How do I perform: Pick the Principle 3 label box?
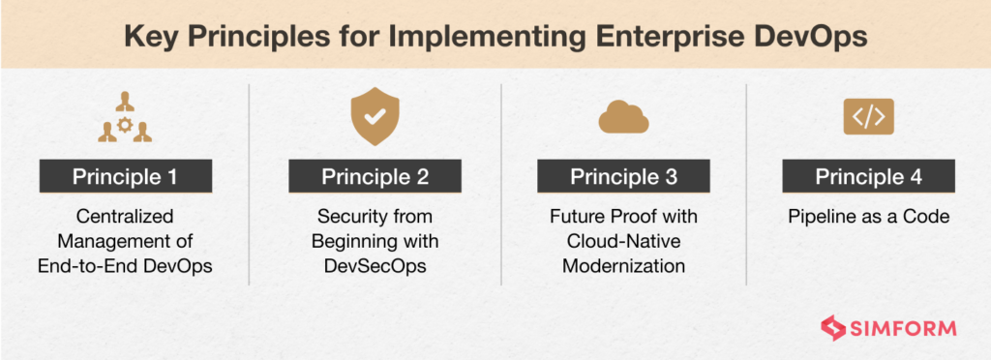pyautogui.click(x=623, y=177)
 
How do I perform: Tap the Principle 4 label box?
pyautogui.click(x=868, y=177)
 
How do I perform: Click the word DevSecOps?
pyautogui.click(x=374, y=262)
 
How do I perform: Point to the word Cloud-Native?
pyautogui.click(x=623, y=239)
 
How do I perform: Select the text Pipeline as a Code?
pyautogui.click(x=868, y=216)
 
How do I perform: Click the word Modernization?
pyautogui.click(x=623, y=262)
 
